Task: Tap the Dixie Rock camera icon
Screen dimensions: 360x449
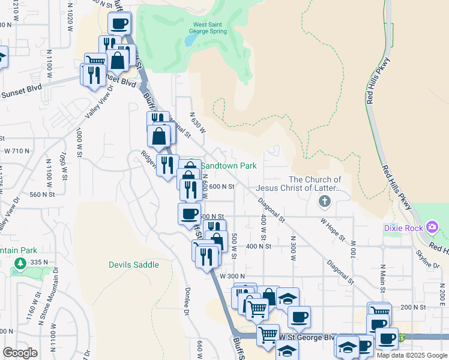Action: pyautogui.click(x=432, y=227)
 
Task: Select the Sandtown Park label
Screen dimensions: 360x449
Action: pyautogui.click(x=228, y=165)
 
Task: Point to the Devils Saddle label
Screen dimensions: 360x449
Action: pyautogui.click(x=134, y=265)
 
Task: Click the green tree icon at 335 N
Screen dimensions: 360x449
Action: pyautogui.click(x=20, y=263)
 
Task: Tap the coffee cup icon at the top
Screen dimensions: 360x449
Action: pyautogui.click(x=119, y=23)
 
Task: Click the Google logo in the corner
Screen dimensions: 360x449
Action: pyautogui.click(x=20, y=353)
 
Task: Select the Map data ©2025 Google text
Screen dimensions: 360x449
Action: pyautogui.click(x=412, y=355)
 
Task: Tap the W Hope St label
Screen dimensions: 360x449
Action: pyautogui.click(x=333, y=229)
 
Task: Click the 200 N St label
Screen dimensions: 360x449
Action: pyautogui.click(x=413, y=307)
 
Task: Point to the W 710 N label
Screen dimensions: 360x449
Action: pyautogui.click(x=17, y=151)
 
